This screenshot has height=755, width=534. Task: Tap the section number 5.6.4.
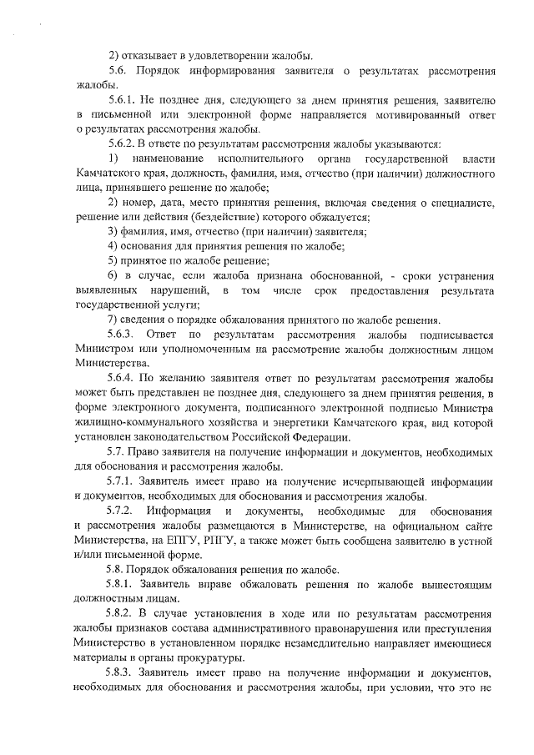[124, 377]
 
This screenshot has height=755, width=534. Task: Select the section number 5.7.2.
[124, 510]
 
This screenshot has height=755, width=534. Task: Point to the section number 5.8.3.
[124, 672]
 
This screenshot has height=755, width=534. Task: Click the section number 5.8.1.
[124, 585]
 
